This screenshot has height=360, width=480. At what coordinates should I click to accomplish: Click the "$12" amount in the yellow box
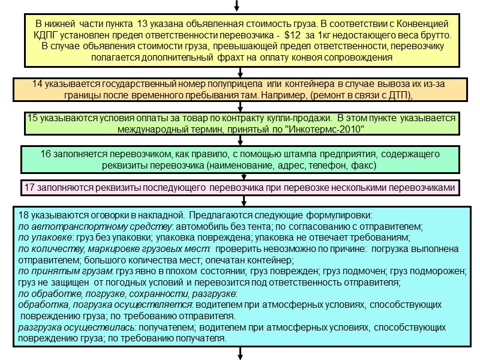pos(293,35)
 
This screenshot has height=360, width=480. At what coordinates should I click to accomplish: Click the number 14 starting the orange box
pos(37,83)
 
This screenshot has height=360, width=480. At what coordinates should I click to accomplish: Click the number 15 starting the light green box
pos(33,118)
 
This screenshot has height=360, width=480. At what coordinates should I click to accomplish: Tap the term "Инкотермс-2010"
pos(325,130)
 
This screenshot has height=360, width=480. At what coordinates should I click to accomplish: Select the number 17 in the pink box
pos(29,188)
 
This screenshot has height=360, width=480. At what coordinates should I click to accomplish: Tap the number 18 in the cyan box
pos(24,215)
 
